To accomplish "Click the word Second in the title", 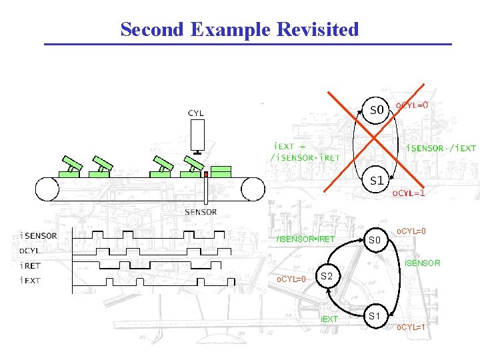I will click(152, 29).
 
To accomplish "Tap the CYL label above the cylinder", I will click(196, 113).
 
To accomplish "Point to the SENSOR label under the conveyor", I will click(201, 212).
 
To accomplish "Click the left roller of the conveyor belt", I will click(48, 189).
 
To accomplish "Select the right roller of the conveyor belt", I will click(253, 189).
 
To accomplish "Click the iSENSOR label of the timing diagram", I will click(39, 235).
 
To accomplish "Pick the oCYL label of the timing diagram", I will click(29, 251).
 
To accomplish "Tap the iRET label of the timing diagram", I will click(31, 265).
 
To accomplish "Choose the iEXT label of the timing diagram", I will click(31, 280).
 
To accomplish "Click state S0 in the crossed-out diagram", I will click(377, 109).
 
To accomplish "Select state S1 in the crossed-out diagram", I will click(377, 180).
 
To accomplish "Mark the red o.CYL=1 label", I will click(408, 193).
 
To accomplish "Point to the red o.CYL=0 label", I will click(412, 105).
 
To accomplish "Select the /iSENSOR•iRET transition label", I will click(306, 239).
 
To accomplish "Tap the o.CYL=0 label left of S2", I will click(291, 279).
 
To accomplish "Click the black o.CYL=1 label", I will click(411, 327).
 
